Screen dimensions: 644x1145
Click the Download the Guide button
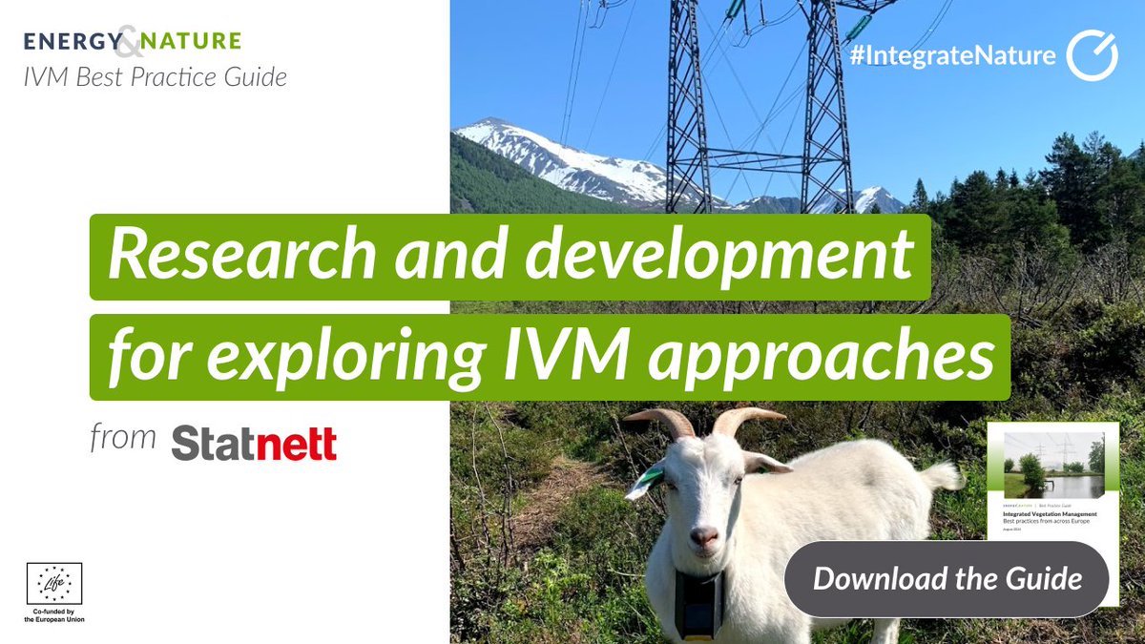[947, 578]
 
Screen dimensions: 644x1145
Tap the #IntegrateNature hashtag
[951, 56]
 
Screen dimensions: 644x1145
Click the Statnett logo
[254, 443]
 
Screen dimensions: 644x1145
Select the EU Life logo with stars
[54, 583]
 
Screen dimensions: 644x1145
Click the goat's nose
[704, 538]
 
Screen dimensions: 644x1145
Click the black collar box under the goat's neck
[698, 604]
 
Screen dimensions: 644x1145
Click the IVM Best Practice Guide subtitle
[155, 78]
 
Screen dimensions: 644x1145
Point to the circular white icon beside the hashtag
[1091, 56]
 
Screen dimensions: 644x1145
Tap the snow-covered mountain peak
[496, 129]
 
